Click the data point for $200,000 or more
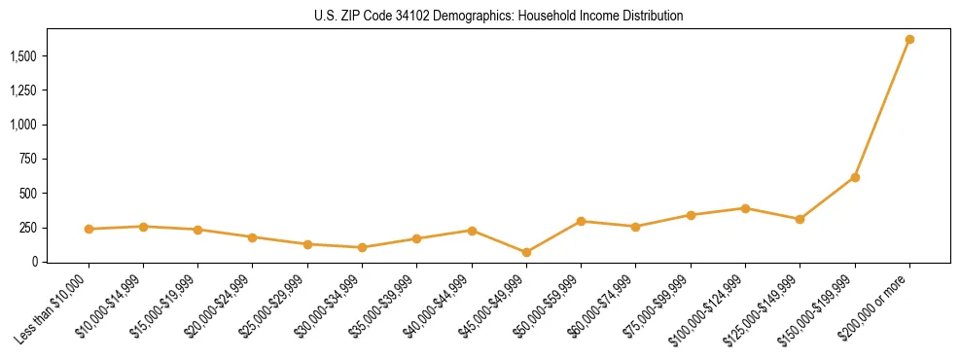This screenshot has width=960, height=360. pyautogui.click(x=909, y=40)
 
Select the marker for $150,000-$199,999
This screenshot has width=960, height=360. pyautogui.click(x=855, y=177)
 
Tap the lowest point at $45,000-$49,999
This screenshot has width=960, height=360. pyautogui.click(x=526, y=252)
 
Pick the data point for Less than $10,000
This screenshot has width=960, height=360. pyautogui.click(x=89, y=229)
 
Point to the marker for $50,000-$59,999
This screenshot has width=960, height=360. pyautogui.click(x=581, y=221)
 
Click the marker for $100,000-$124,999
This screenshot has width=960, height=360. pyautogui.click(x=745, y=208)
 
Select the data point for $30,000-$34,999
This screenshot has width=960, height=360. pyautogui.click(x=362, y=247)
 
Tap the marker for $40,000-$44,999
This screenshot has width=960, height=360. pyautogui.click(x=472, y=231)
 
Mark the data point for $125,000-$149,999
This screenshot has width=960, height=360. pyautogui.click(x=800, y=219)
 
